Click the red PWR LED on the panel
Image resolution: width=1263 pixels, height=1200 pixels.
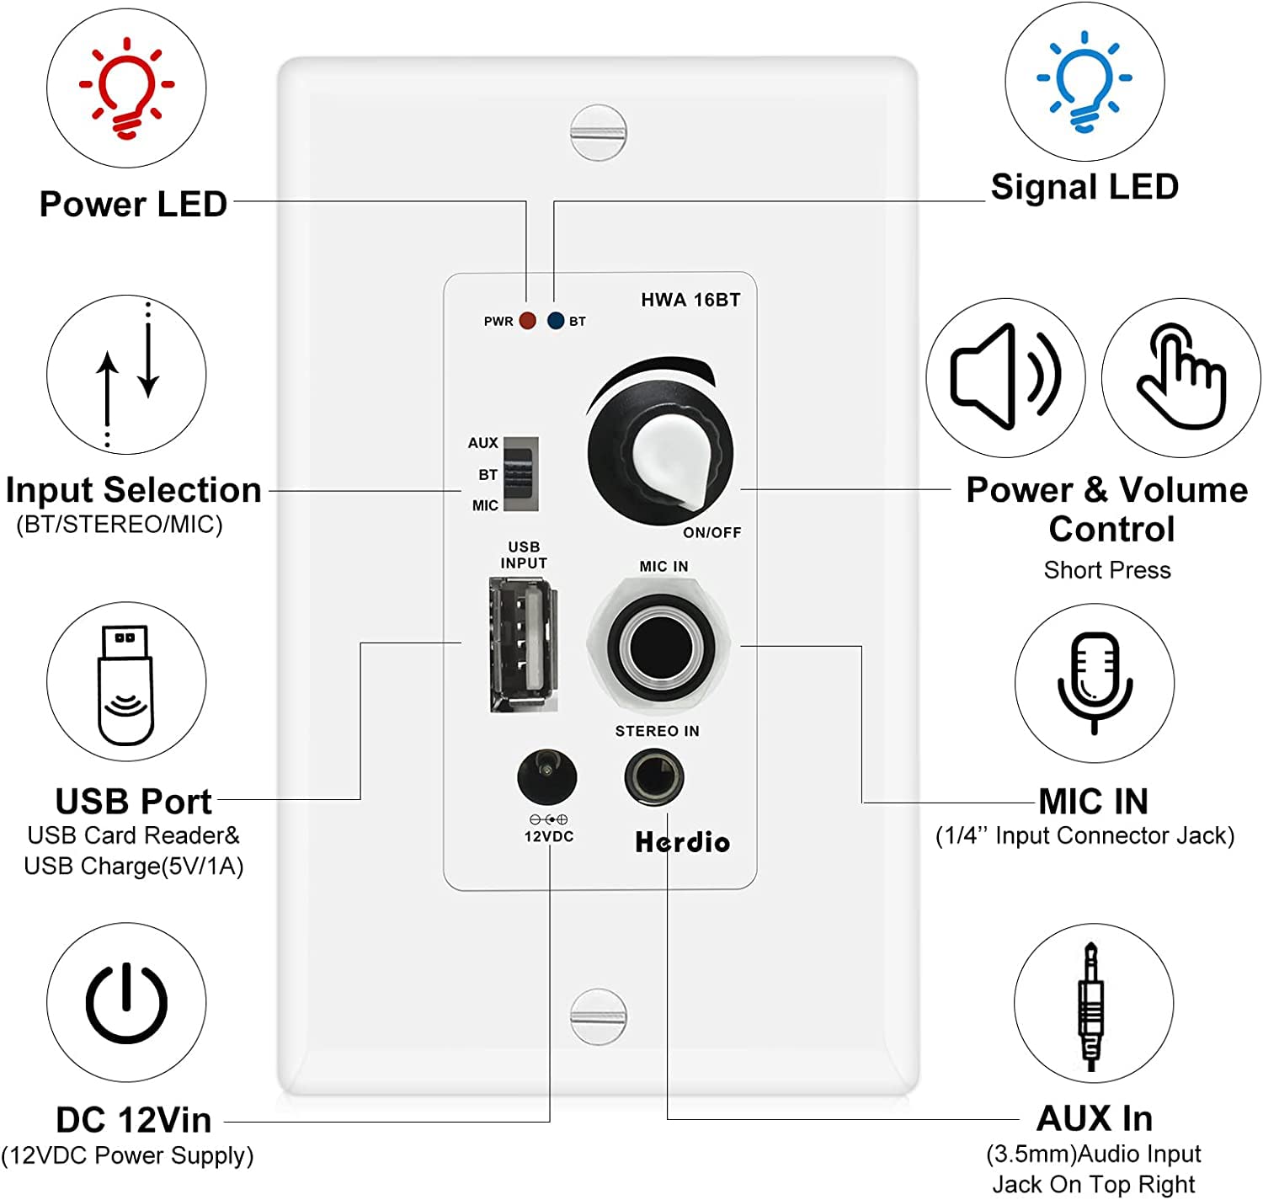527,321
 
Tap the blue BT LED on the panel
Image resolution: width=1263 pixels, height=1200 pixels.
555,321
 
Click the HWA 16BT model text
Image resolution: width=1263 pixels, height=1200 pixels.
690,301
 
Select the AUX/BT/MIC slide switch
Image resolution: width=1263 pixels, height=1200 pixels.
520,473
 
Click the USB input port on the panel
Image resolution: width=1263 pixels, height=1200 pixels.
523,644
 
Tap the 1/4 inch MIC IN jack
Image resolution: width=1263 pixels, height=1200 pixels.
661,647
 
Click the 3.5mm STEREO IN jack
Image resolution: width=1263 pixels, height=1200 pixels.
653,777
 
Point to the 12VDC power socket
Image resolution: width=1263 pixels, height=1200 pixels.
547,776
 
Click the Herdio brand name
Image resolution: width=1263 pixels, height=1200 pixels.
682,842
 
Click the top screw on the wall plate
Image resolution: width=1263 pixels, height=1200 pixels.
598,132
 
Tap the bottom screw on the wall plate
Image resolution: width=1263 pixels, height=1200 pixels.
598,1016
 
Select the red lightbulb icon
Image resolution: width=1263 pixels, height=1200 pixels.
126,88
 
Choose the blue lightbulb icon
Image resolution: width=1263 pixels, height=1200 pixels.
1084,81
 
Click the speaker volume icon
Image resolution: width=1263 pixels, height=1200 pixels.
1005,376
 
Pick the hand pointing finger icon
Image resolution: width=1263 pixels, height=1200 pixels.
1180,376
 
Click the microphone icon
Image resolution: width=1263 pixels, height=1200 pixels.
1094,682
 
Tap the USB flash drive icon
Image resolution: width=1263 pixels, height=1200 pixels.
126,683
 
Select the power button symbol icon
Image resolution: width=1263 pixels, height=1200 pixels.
126,1002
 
